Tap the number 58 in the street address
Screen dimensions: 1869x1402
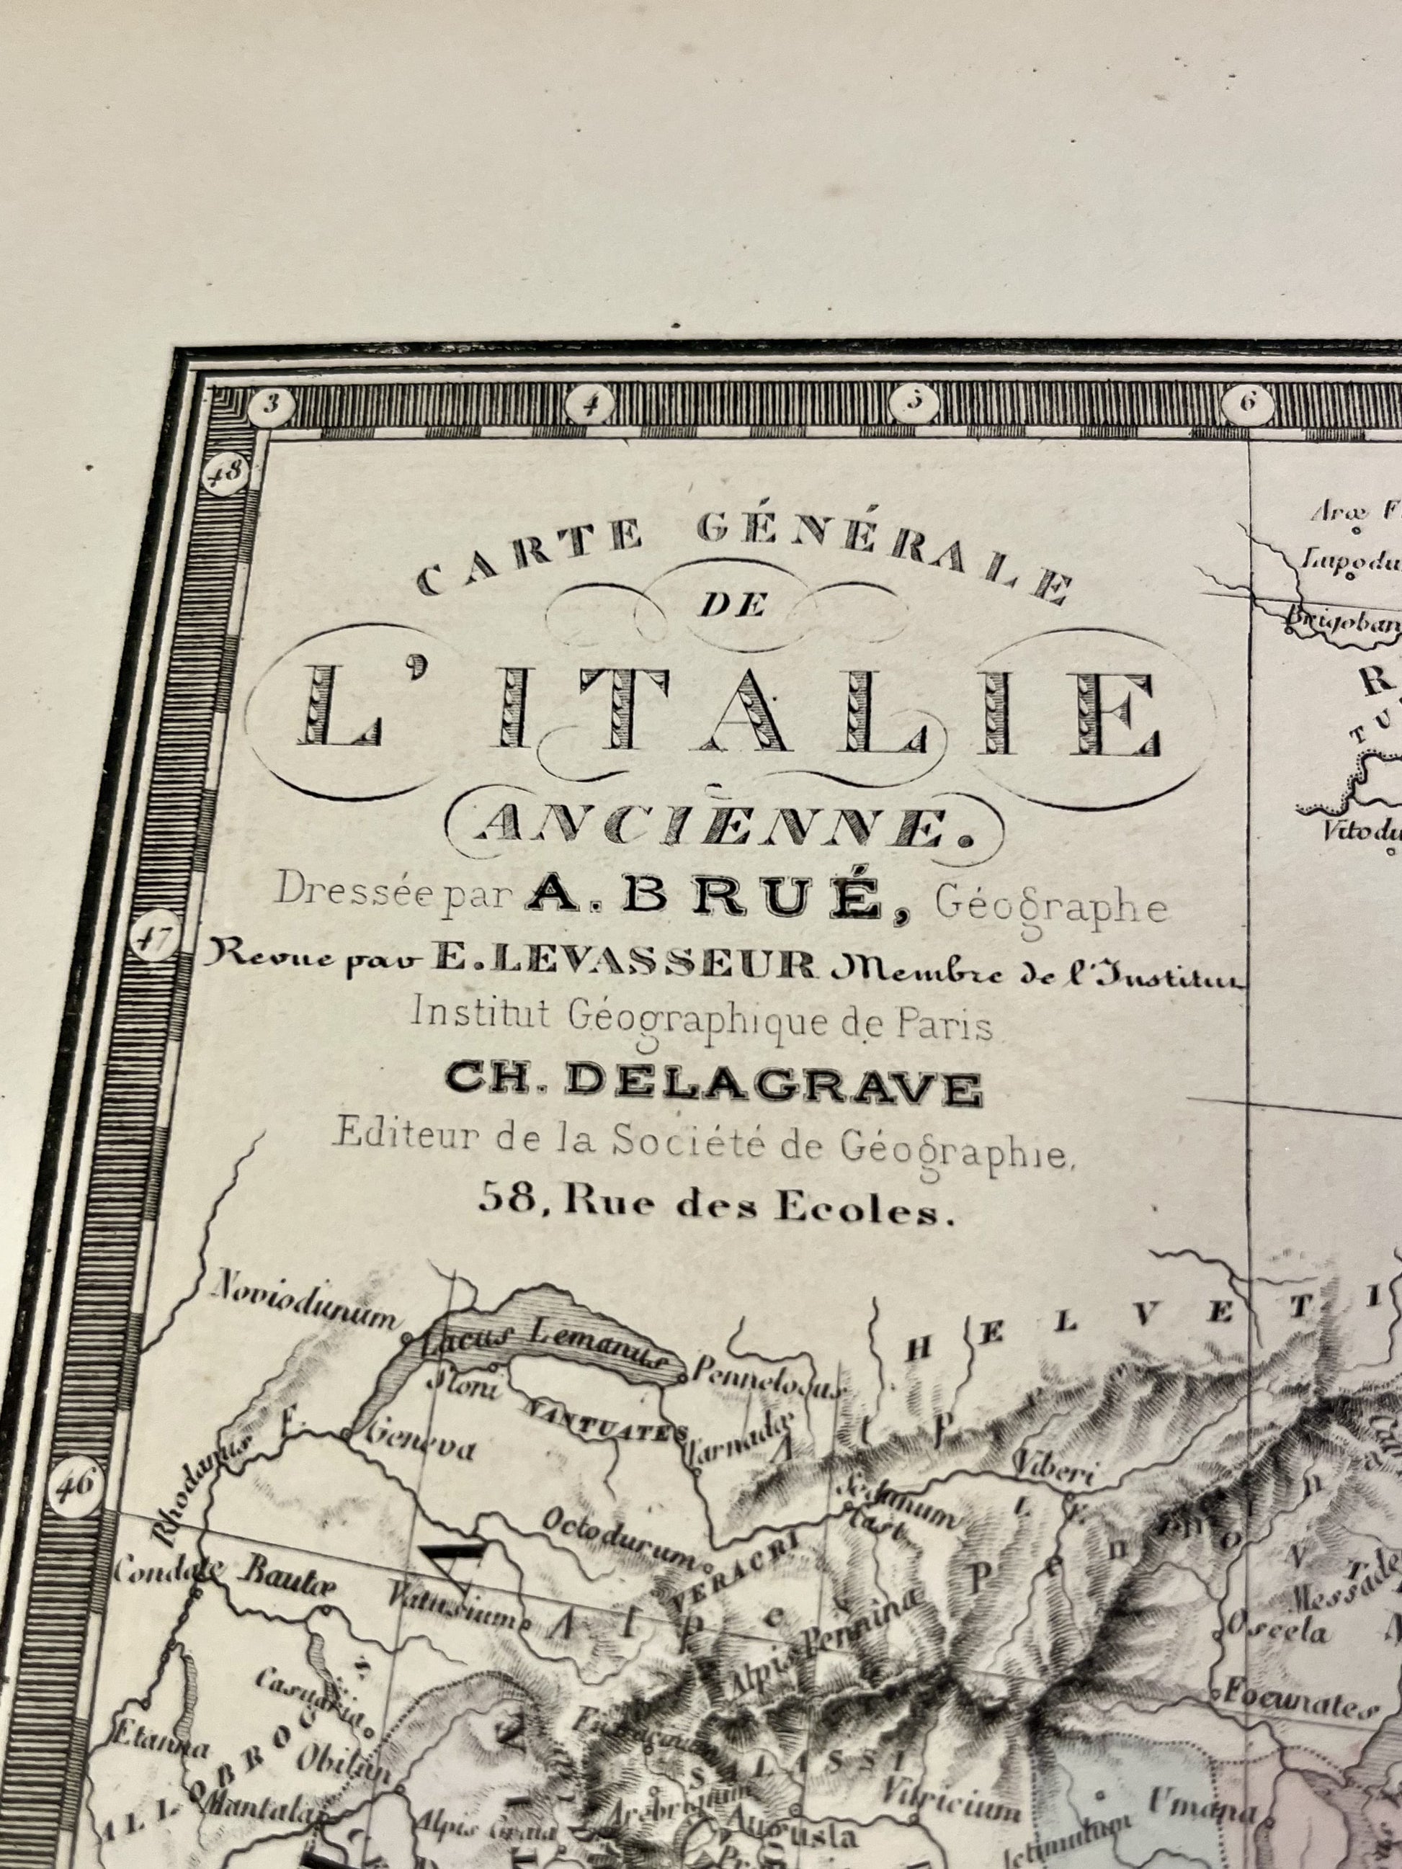coord(505,1196)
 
